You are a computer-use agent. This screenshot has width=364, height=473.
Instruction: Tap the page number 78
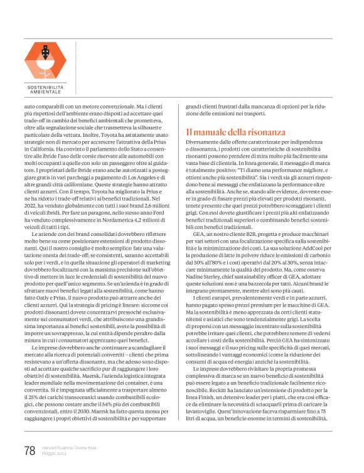point(29,450)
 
